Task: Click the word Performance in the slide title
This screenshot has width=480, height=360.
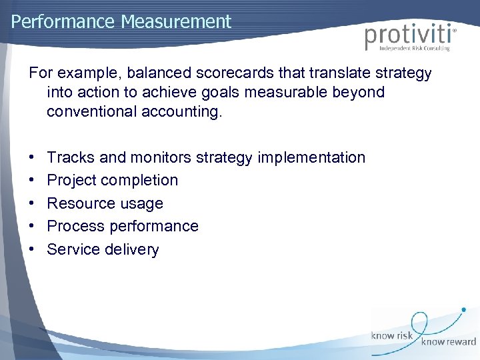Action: (64, 21)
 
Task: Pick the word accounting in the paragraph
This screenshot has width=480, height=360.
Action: (178, 112)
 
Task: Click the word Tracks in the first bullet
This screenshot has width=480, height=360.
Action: (71, 158)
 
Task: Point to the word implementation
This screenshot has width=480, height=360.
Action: (311, 158)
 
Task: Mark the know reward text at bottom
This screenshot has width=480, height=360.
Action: (448, 341)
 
